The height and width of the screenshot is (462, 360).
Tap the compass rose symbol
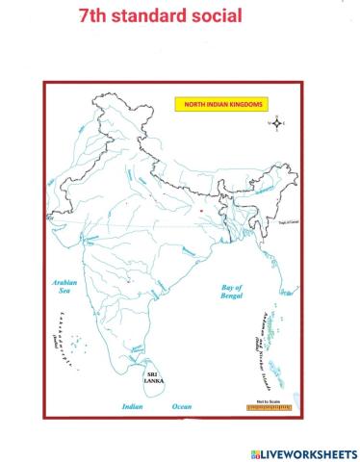279,123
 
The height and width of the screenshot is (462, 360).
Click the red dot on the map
201,209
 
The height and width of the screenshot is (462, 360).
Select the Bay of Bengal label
231,292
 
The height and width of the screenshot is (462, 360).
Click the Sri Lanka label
154,377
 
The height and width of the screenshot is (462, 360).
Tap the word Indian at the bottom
132,407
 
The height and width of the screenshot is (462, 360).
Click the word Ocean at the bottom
182,407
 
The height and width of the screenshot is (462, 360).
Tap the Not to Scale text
267,400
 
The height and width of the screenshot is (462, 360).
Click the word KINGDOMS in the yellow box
247,104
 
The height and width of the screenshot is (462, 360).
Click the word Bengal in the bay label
231,297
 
